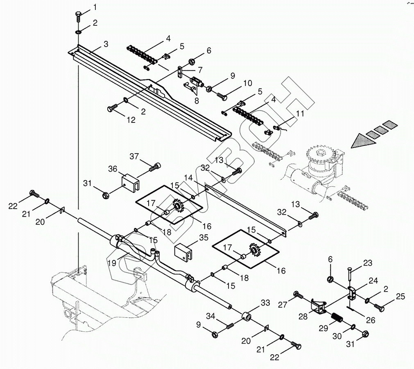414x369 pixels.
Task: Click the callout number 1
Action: click(95, 7)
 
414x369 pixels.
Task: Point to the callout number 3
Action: click(106, 44)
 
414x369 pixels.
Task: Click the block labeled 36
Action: click(131, 182)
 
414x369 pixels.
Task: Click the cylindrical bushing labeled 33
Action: click(247, 316)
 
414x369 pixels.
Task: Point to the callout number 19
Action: click(112, 263)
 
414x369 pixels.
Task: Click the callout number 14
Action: click(188, 177)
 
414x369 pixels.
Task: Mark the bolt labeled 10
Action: click(222, 97)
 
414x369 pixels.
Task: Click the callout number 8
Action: click(197, 101)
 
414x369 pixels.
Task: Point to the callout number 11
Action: click(300, 113)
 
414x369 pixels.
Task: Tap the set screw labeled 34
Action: click(231, 326)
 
